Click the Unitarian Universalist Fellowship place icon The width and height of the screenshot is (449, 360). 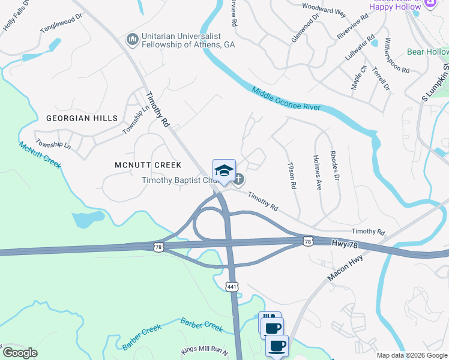pyautogui.click(x=132, y=40)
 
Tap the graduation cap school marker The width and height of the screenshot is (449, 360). pyautogui.click(x=224, y=171)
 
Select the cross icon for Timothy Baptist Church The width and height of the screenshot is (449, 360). pyautogui.click(x=239, y=179)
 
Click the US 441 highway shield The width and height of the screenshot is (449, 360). pyautogui.click(x=232, y=287)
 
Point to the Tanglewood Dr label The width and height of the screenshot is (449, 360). pyautogui.click(x=61, y=23)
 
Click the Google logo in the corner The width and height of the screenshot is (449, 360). pyautogui.click(x=19, y=353)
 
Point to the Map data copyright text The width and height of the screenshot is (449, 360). pyautogui.click(x=412, y=355)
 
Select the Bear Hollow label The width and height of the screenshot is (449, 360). pyautogui.click(x=427, y=52)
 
